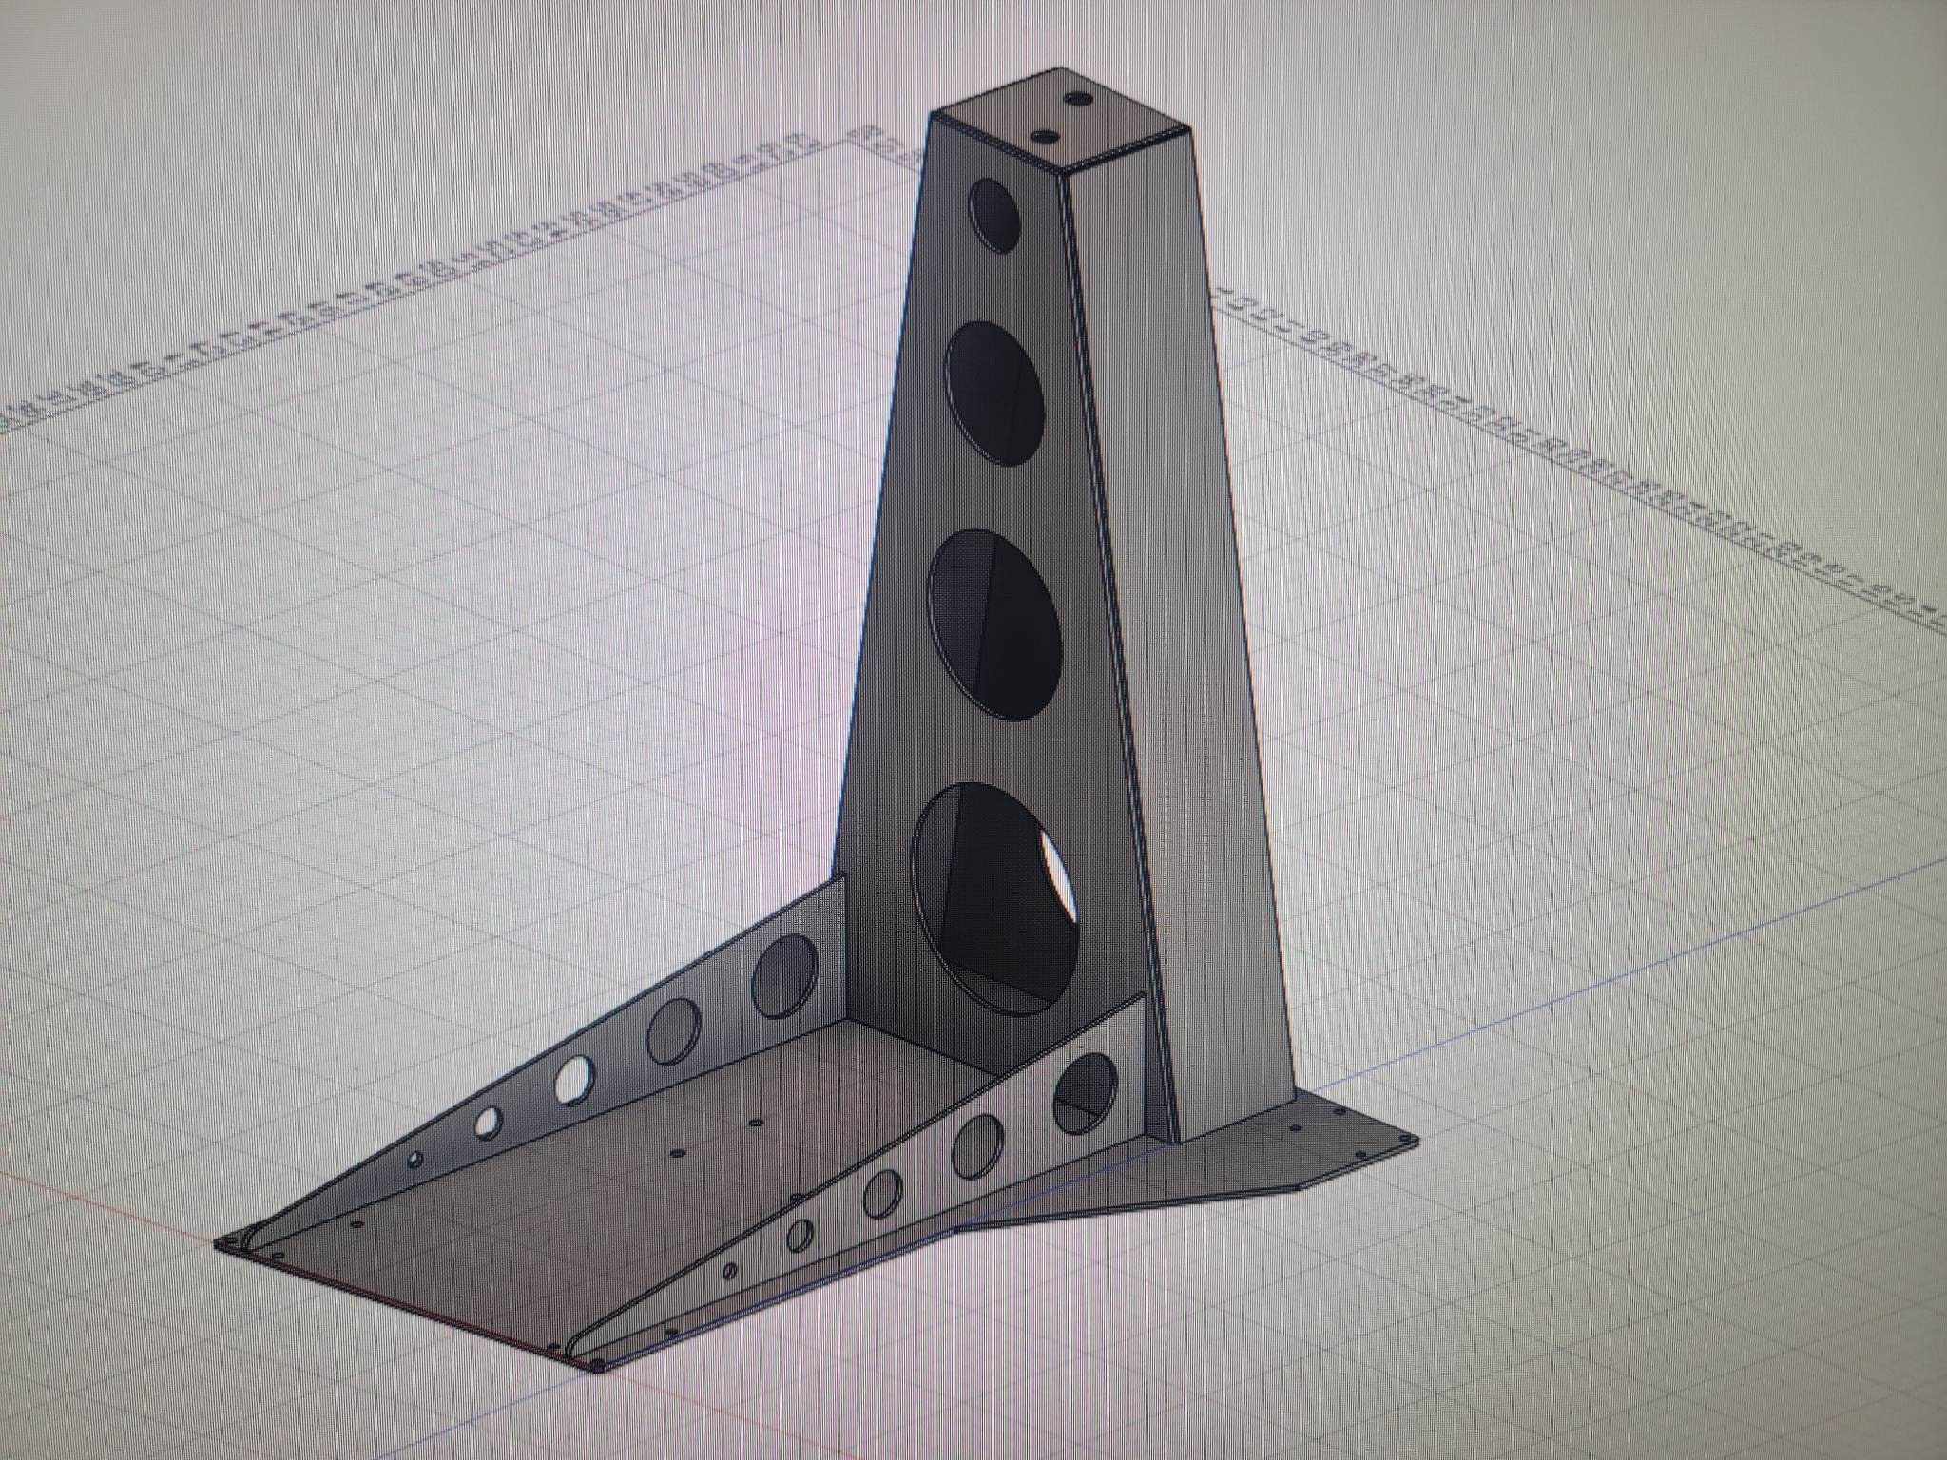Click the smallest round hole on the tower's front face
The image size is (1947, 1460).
tap(993, 215)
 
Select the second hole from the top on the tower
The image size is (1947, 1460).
tap(995, 393)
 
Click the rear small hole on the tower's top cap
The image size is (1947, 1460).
tap(1080, 98)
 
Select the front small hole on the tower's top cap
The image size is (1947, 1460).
tap(1044, 136)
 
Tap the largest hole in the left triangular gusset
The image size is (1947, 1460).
tap(784, 974)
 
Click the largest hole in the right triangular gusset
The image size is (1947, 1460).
tap(1085, 1092)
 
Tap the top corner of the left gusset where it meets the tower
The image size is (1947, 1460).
tap(842, 878)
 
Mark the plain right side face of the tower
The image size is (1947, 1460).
tap(1179, 618)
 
